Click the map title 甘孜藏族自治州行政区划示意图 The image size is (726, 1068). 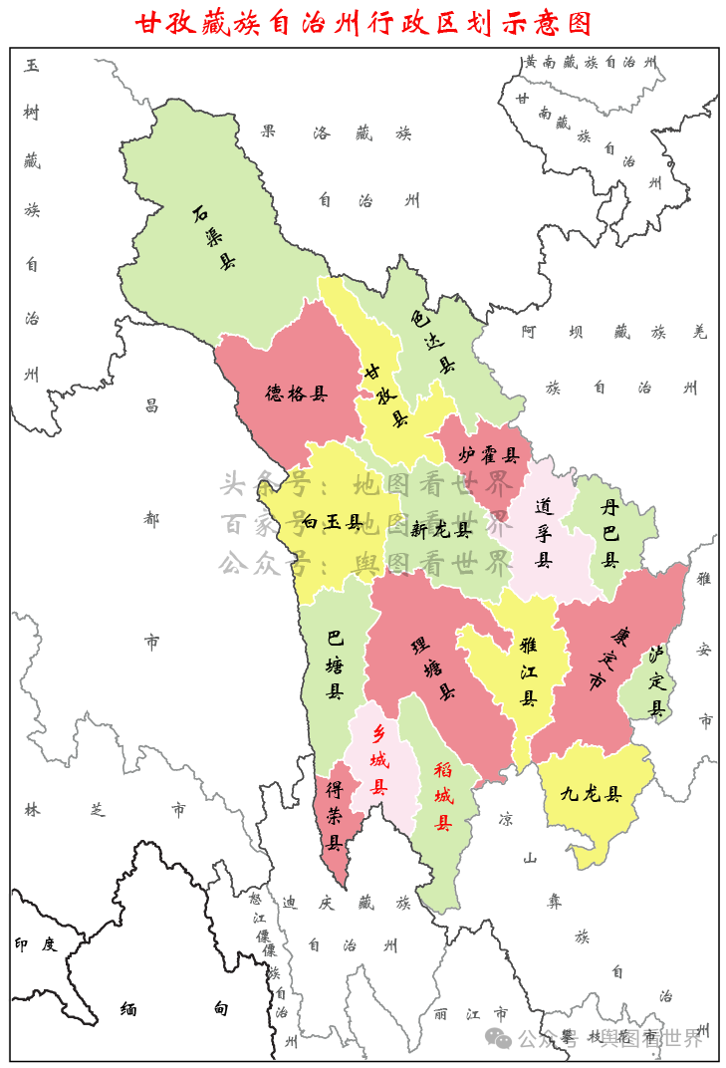tap(363, 23)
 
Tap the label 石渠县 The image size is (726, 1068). tap(213, 238)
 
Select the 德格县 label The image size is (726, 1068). tap(296, 394)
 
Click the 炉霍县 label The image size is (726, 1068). tap(489, 455)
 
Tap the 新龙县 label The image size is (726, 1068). tap(439, 530)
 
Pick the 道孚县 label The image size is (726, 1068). tap(544, 532)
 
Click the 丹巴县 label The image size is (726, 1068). tap(609, 534)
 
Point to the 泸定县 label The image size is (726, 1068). tap(656, 681)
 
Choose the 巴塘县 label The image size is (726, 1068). tap(336, 664)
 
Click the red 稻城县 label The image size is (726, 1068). tap(443, 796)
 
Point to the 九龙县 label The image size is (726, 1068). tap(591, 794)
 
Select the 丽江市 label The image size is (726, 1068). tap(471, 1014)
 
